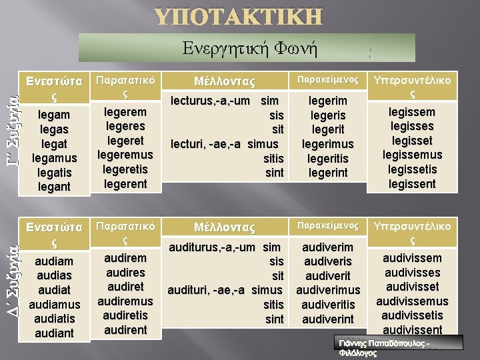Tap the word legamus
[x=55, y=158]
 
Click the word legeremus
[x=125, y=155]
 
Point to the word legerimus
[x=328, y=144]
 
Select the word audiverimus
[x=328, y=290]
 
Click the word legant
[x=55, y=187]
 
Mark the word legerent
[x=125, y=184]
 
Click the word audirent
[x=125, y=329]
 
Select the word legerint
[x=328, y=173]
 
